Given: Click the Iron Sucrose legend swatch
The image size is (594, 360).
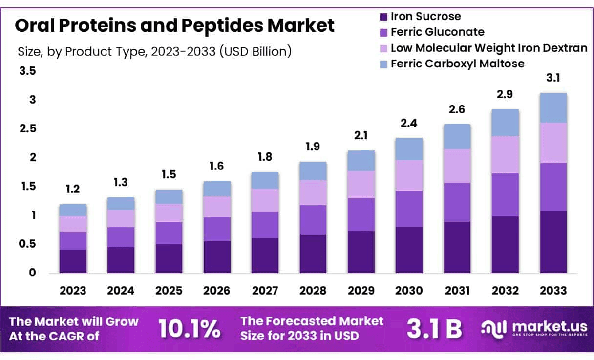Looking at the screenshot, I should pos(383,17).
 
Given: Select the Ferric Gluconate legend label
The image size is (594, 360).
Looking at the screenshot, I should pos(438,32).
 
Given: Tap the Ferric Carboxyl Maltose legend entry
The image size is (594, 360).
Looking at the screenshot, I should pos(457,64).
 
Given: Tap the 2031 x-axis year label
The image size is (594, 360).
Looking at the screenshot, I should pos(457,291).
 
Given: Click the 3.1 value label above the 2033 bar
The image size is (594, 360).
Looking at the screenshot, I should pos(553,78).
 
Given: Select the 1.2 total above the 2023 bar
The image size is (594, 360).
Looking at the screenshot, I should pos(73,189).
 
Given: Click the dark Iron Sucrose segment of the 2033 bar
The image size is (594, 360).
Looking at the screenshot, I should pos(553,242).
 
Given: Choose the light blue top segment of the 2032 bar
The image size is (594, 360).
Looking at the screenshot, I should pos(505,123).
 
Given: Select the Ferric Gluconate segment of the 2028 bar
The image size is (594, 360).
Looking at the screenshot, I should pos(313,220).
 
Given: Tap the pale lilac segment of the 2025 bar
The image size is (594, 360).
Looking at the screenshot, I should pos(169,212).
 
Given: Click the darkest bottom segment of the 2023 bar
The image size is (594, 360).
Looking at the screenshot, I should pos(73,261).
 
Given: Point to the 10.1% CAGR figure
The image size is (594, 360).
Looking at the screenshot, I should pos(189,329).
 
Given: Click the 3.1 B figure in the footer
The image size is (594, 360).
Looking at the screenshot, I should pos(434,329).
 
